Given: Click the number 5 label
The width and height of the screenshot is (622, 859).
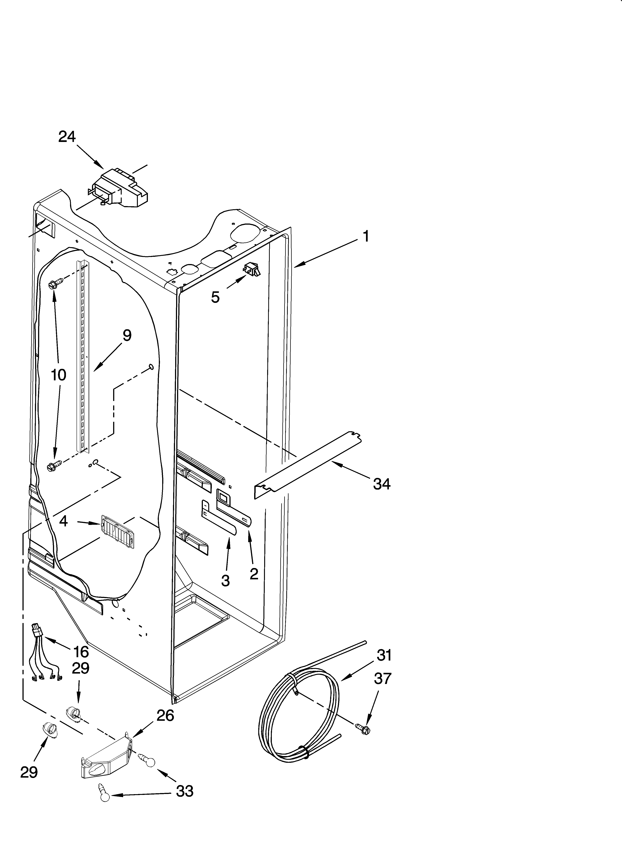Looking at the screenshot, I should (x=215, y=297).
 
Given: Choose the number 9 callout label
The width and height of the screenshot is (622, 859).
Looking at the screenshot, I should (x=127, y=336).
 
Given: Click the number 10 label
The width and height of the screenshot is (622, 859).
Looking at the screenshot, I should (x=59, y=375).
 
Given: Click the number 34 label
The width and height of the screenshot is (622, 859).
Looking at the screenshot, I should (x=381, y=484).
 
